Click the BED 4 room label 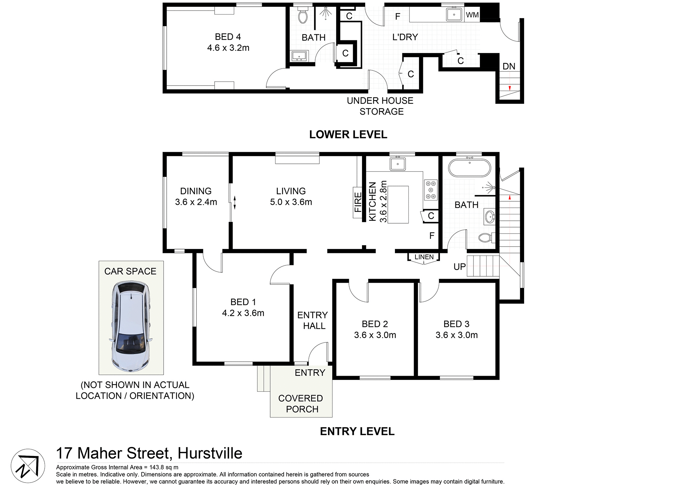point(228,37)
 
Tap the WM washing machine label point(472,15)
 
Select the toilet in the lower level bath point(303,16)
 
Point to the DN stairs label point(509,66)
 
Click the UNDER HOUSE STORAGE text point(380,106)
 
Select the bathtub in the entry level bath point(470,168)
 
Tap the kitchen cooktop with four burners point(431,190)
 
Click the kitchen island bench point(398,204)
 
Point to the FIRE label point(358,202)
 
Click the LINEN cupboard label point(424,257)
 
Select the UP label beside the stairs point(460,266)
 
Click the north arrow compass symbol point(28,466)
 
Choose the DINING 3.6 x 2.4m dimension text point(196,202)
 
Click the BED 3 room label point(456,324)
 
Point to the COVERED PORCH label point(301,403)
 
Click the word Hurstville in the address point(210,453)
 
